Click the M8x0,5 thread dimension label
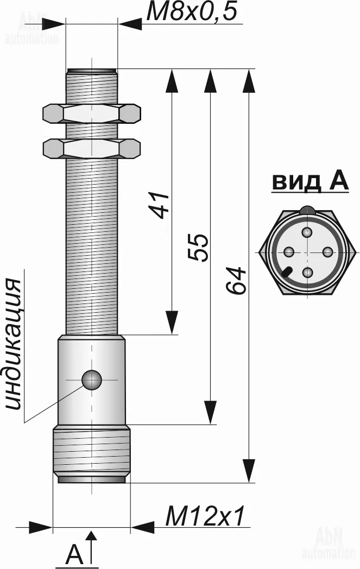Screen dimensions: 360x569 (192, 11)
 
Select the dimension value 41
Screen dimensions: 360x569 (160, 205)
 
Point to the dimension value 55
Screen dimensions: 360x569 (199, 248)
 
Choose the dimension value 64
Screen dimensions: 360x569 (236, 281)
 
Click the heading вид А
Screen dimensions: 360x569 (310, 182)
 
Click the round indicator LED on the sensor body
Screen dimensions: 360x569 (91, 380)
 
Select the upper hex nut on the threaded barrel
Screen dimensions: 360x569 (91, 113)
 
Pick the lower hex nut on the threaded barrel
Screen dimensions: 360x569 (91, 148)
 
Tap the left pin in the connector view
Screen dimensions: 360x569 (289, 251)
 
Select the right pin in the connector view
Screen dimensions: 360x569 (327, 251)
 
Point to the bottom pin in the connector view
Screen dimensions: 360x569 (308, 272)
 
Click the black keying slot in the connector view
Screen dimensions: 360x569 (288, 271)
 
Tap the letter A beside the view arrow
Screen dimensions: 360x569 (74, 553)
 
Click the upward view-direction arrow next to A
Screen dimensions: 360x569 (92, 548)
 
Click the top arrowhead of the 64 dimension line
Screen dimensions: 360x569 (249, 80)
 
